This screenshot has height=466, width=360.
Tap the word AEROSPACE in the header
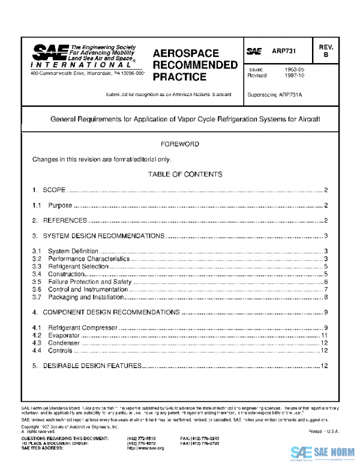click(x=185, y=53)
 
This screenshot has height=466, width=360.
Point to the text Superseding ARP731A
click(x=275, y=95)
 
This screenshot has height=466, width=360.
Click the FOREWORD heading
click(x=180, y=145)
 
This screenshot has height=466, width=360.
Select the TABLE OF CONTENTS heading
click(x=185, y=174)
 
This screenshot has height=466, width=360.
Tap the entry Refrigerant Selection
click(x=78, y=266)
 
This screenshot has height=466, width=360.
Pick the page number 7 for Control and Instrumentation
click(x=325, y=289)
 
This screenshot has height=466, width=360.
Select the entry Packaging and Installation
click(x=85, y=297)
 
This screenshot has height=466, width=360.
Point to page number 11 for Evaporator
click(x=323, y=335)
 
